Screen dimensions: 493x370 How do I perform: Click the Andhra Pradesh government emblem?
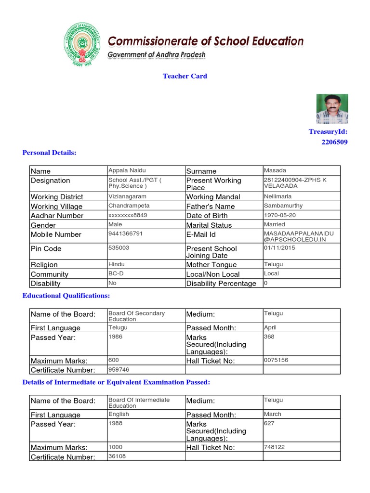pyautogui.click(x=82, y=47)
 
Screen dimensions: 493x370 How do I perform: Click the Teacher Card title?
pyautogui.click(x=185, y=76)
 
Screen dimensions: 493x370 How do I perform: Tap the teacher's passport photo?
pyautogui.click(x=332, y=109)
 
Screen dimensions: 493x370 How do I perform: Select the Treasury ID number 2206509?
pyautogui.click(x=334, y=142)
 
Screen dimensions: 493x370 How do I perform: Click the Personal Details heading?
pyautogui.click(x=50, y=153)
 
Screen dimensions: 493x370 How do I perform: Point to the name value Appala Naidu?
pyautogui.click(x=127, y=170)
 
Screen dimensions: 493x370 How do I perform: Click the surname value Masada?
pyautogui.click(x=275, y=170)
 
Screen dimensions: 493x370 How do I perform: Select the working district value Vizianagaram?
pyautogui.click(x=128, y=196)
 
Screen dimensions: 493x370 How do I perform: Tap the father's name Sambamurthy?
pyautogui.click(x=283, y=206)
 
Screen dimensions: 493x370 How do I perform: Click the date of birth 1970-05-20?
pyautogui.click(x=280, y=215)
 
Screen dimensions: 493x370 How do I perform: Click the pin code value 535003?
pyautogui.click(x=119, y=247)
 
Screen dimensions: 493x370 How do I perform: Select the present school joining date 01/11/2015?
pyautogui.click(x=280, y=247)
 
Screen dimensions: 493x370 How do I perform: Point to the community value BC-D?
pyautogui.click(x=116, y=273)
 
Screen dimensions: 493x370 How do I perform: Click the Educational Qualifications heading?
pyautogui.click(x=66, y=295)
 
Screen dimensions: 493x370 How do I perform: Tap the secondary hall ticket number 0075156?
pyautogui.click(x=276, y=360)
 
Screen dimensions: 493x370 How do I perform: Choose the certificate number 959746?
pyautogui.click(x=119, y=369)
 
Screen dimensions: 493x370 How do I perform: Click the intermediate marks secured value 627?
pyautogui.click(x=269, y=423)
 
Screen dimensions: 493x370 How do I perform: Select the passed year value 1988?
pyautogui.click(x=116, y=423)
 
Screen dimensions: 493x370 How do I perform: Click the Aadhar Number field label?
pyautogui.click(x=57, y=216)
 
